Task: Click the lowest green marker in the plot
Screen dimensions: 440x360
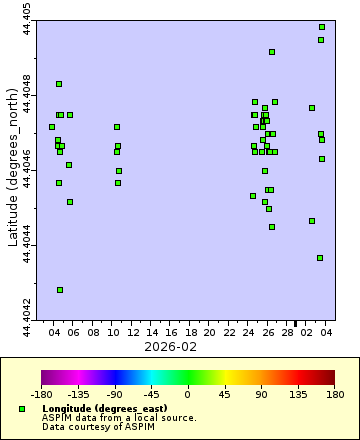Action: [60, 290]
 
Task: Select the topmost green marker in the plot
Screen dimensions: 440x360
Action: [322, 27]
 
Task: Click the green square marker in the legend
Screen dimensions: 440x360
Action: [22, 410]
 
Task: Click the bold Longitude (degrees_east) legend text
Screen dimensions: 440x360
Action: [96, 410]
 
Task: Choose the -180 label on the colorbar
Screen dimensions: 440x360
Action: [42, 395]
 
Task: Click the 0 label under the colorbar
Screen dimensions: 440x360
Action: [188, 395]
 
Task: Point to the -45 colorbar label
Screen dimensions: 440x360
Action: [151, 395]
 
